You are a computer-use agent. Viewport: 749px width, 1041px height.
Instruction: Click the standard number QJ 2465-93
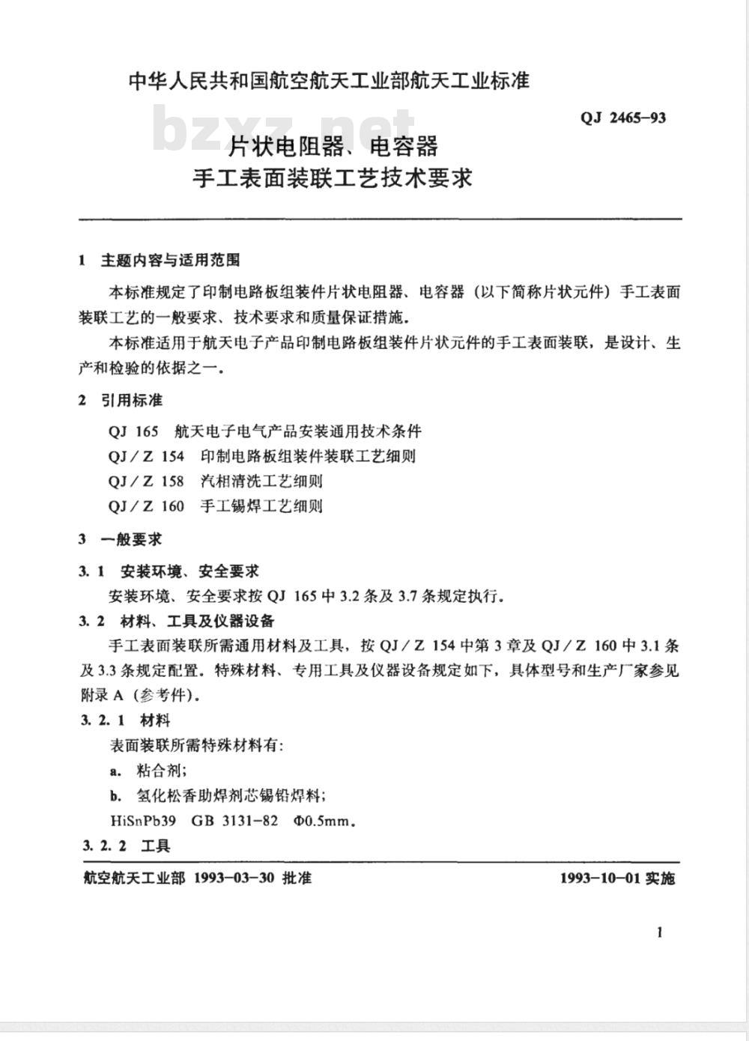(622, 118)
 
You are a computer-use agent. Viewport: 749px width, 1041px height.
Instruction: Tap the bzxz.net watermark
(285, 129)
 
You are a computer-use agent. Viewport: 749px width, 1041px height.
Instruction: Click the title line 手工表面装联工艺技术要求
(333, 178)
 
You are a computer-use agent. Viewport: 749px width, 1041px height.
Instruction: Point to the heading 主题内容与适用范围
(170, 261)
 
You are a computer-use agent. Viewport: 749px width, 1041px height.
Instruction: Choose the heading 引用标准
(132, 401)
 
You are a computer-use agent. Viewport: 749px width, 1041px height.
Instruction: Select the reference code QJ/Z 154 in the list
(146, 456)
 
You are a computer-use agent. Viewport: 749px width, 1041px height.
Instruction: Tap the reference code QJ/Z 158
(146, 481)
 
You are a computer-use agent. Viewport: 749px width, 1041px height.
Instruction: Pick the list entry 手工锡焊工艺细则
(261, 506)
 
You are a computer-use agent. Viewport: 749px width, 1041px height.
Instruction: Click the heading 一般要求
(132, 539)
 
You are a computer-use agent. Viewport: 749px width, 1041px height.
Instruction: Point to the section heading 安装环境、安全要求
(189, 571)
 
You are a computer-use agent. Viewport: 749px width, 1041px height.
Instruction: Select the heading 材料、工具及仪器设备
(198, 621)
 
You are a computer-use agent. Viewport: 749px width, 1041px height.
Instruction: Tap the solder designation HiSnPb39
(142, 821)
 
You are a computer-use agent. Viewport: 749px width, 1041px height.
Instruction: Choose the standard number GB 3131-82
(234, 821)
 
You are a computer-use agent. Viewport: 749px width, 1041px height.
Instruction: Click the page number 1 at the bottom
(660, 932)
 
